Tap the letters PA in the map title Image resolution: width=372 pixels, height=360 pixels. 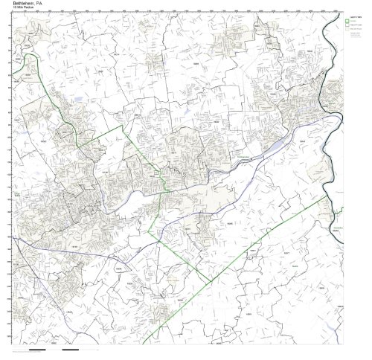click(42, 4)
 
